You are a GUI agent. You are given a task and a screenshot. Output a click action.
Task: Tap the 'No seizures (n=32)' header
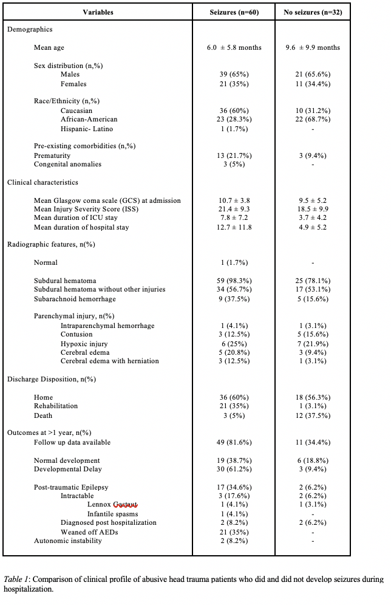click(312, 12)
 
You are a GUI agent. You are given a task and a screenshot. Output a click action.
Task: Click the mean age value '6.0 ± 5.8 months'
click(234, 47)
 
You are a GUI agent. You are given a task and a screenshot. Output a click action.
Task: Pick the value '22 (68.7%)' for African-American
click(312, 120)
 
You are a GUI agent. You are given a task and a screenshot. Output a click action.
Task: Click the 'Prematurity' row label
click(53, 156)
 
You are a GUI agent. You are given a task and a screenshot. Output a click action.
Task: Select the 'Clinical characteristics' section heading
click(42, 182)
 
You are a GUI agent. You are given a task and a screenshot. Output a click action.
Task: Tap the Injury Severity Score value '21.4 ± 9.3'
click(234, 209)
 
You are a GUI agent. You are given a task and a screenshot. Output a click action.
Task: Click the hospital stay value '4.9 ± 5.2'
click(312, 227)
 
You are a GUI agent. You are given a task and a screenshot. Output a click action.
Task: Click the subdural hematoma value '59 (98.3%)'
click(234, 281)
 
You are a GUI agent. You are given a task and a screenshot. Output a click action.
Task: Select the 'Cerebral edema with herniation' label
click(110, 361)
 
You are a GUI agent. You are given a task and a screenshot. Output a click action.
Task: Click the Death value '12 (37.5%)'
click(312, 415)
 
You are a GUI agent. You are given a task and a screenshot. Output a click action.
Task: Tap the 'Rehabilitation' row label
click(56, 406)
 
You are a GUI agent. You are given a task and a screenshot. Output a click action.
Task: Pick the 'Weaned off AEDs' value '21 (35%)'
click(234, 532)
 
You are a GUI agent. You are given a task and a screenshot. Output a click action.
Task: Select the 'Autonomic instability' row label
click(68, 541)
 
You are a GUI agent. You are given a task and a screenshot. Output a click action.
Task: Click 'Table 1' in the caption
click(16, 579)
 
